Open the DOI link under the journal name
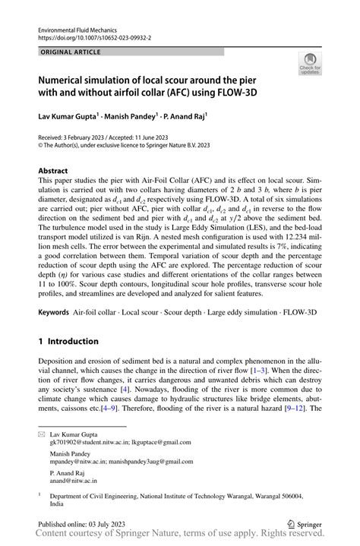tap(95, 36)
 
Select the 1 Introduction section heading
tap(69, 342)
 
